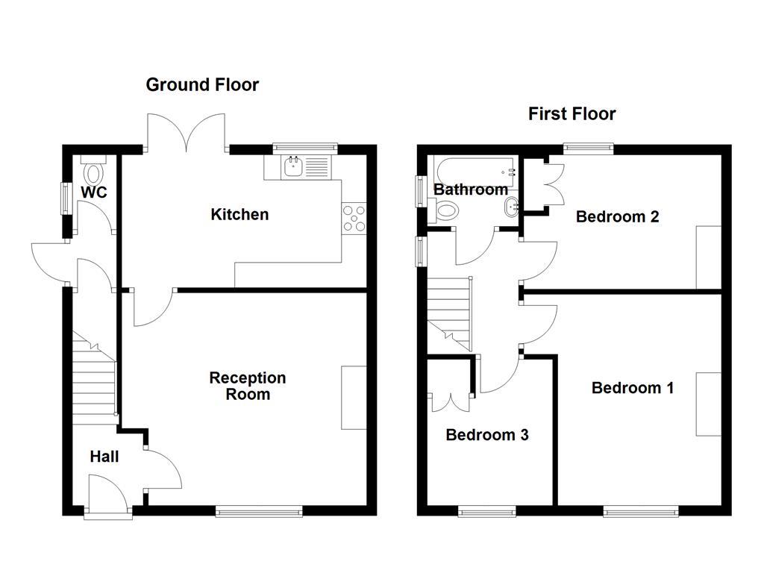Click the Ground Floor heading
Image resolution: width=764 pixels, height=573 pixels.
coord(202,84)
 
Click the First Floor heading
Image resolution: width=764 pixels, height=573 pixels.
coord(572,113)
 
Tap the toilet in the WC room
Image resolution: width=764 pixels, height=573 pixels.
coord(94,172)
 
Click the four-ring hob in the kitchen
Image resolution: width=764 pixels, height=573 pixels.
coord(354,218)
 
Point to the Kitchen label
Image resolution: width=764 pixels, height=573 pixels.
coord(239,215)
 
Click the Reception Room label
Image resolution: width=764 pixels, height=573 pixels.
coord(247,386)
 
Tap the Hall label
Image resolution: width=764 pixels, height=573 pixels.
coord(104,457)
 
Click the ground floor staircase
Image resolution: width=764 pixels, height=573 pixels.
coord(95,381)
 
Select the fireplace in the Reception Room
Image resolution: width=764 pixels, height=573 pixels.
coord(354,398)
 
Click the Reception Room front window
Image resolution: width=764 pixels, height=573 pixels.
coord(259,511)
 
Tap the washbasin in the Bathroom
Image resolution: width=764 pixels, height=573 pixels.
coord(511,209)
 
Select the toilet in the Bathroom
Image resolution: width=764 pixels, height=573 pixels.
coord(445,211)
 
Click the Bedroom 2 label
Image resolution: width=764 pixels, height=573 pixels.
coord(617,217)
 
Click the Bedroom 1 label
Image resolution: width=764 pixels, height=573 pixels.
coord(632,388)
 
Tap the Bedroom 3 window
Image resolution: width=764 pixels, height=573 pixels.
coord(486,511)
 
